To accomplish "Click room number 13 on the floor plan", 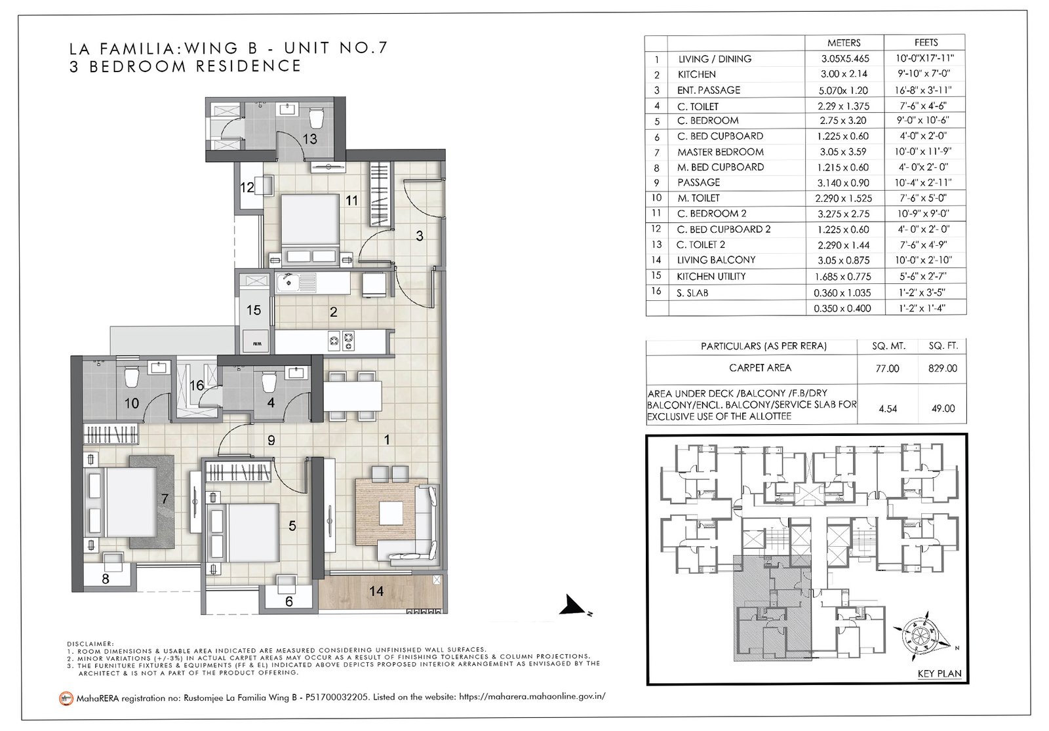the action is click(x=310, y=139).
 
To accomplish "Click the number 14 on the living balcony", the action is click(x=376, y=591).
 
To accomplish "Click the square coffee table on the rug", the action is click(x=391, y=513).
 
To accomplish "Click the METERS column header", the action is click(x=844, y=43).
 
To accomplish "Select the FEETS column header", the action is click(x=926, y=43).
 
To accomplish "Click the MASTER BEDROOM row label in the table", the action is click(x=721, y=151).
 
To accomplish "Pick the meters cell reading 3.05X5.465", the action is click(x=845, y=58).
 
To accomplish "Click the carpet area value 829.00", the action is click(x=943, y=368).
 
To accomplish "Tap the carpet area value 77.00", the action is click(x=888, y=368).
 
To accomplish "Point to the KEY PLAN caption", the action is click(x=940, y=673).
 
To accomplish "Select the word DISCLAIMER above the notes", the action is click(x=90, y=644).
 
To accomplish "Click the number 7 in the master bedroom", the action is click(x=165, y=499).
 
